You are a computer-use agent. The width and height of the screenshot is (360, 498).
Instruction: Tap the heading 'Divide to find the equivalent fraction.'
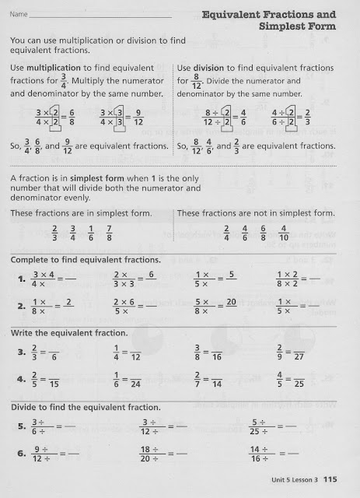point(86,408)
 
